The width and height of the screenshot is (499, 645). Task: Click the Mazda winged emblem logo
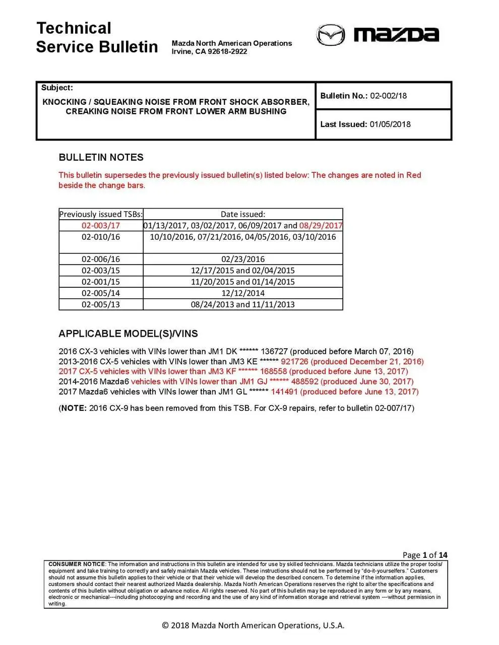click(x=331, y=35)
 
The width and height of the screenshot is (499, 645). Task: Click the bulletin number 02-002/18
click(x=388, y=96)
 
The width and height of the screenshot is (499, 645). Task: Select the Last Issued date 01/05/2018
click(x=390, y=124)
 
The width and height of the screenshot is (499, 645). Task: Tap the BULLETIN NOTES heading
click(x=101, y=157)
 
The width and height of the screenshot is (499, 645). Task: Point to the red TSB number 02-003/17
click(x=101, y=225)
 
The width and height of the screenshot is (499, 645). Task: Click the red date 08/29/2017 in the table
click(x=321, y=225)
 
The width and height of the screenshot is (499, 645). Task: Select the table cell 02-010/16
click(x=101, y=237)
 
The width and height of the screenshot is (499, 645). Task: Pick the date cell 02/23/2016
click(x=243, y=259)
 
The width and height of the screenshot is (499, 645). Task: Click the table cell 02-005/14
click(x=101, y=293)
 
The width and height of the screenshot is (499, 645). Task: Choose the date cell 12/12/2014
click(x=243, y=293)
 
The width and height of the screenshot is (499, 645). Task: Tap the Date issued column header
click(x=243, y=214)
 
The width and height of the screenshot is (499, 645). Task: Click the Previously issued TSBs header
click(x=101, y=214)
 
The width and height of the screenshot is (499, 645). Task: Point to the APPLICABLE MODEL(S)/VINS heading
click(x=128, y=334)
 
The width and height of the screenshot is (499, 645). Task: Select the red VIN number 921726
click(x=294, y=361)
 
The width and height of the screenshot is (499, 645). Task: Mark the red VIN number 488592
click(x=304, y=381)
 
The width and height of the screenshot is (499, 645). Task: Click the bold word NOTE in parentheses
click(x=74, y=408)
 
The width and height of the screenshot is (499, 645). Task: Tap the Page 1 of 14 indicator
click(x=425, y=555)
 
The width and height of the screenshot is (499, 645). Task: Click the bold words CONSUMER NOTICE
click(x=77, y=564)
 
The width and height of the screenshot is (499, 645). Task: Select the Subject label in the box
click(x=57, y=88)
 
